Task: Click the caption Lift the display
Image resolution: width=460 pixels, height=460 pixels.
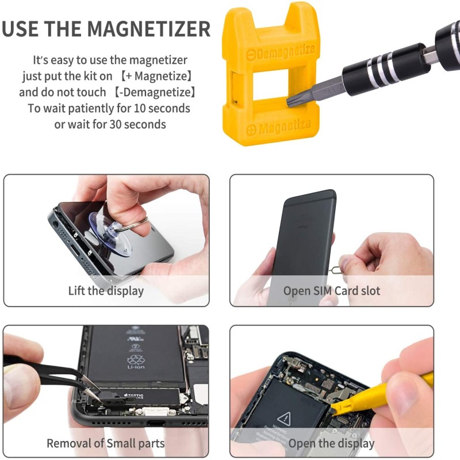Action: click(106, 290)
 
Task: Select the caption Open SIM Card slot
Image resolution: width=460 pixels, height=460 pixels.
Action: click(332, 290)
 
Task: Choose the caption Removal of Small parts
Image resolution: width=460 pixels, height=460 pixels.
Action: click(106, 443)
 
